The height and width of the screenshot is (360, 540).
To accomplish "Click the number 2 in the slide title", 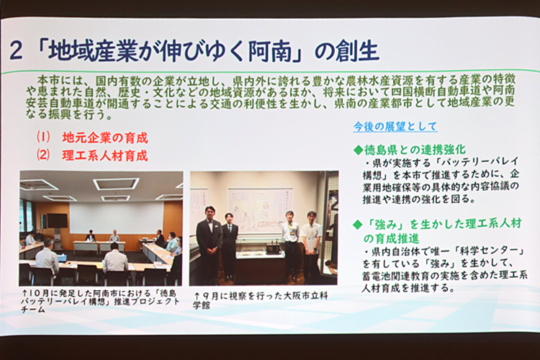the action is tap(16, 50).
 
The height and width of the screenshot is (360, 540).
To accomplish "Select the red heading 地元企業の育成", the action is tap(105, 138).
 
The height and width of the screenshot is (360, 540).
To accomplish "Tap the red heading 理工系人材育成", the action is tap(105, 156).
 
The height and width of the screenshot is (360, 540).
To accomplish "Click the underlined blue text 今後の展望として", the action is tap(395, 127).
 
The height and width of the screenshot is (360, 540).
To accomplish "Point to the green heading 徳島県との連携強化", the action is tap(415, 150).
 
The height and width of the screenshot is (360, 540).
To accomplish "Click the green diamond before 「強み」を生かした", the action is tap(358, 225).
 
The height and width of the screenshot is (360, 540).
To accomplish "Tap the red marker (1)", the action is tap(44, 137).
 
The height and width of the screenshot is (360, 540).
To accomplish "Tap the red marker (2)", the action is tap(44, 155).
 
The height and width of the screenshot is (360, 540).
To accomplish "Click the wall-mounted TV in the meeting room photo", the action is tap(57, 220).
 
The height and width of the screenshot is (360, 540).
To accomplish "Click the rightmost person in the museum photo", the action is tap(311, 246).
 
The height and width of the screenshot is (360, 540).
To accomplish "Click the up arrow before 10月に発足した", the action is tap(24, 294).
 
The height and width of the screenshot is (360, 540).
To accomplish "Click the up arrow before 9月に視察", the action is tap(197, 296).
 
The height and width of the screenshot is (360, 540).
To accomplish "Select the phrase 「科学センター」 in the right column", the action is tap(489, 251).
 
